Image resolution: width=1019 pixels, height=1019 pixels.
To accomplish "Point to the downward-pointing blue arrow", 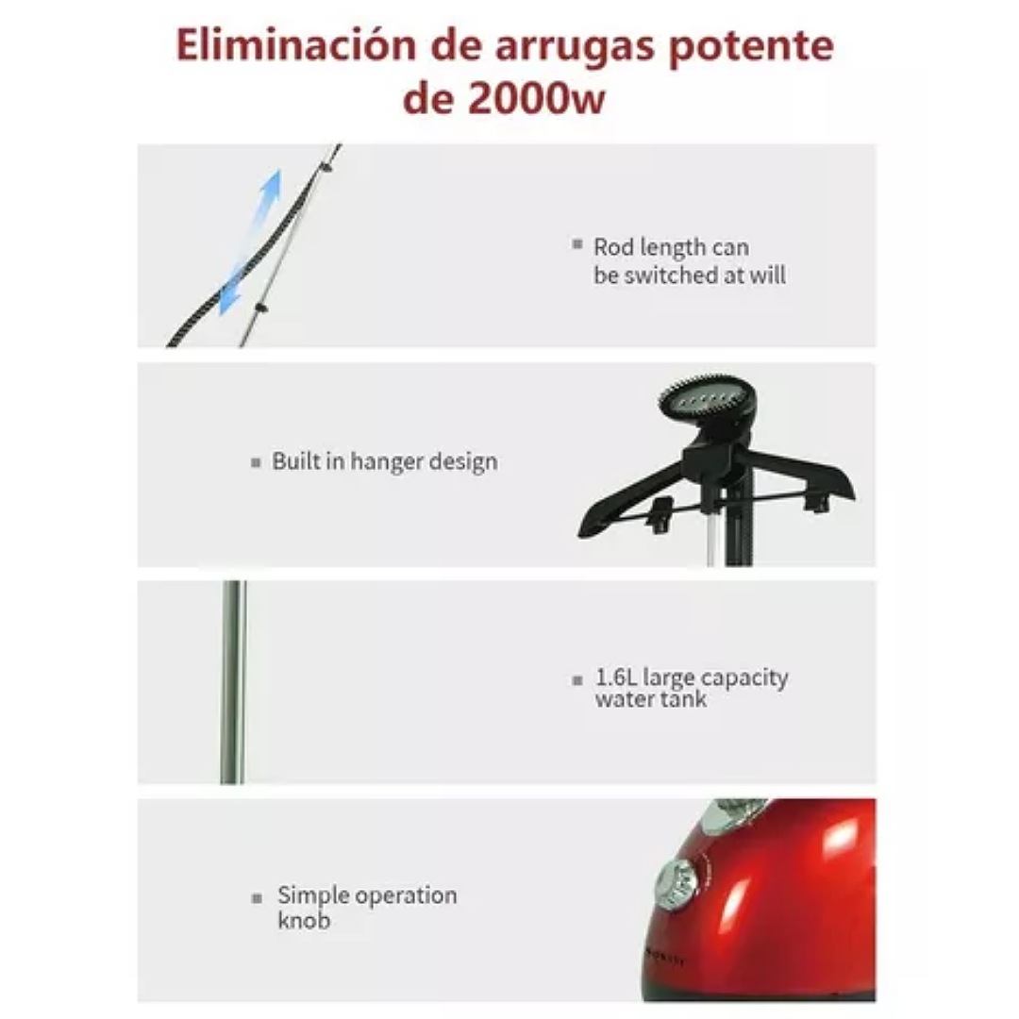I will point(232,292).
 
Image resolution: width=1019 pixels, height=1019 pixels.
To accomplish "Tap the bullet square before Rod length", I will point(577,244).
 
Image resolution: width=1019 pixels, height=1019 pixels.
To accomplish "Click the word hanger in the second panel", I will point(388,463).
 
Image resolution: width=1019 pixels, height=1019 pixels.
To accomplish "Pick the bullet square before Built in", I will point(256,463).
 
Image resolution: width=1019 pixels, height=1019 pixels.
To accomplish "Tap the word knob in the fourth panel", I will point(303,921).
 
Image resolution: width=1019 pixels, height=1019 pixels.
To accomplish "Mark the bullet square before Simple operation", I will point(257,899).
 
